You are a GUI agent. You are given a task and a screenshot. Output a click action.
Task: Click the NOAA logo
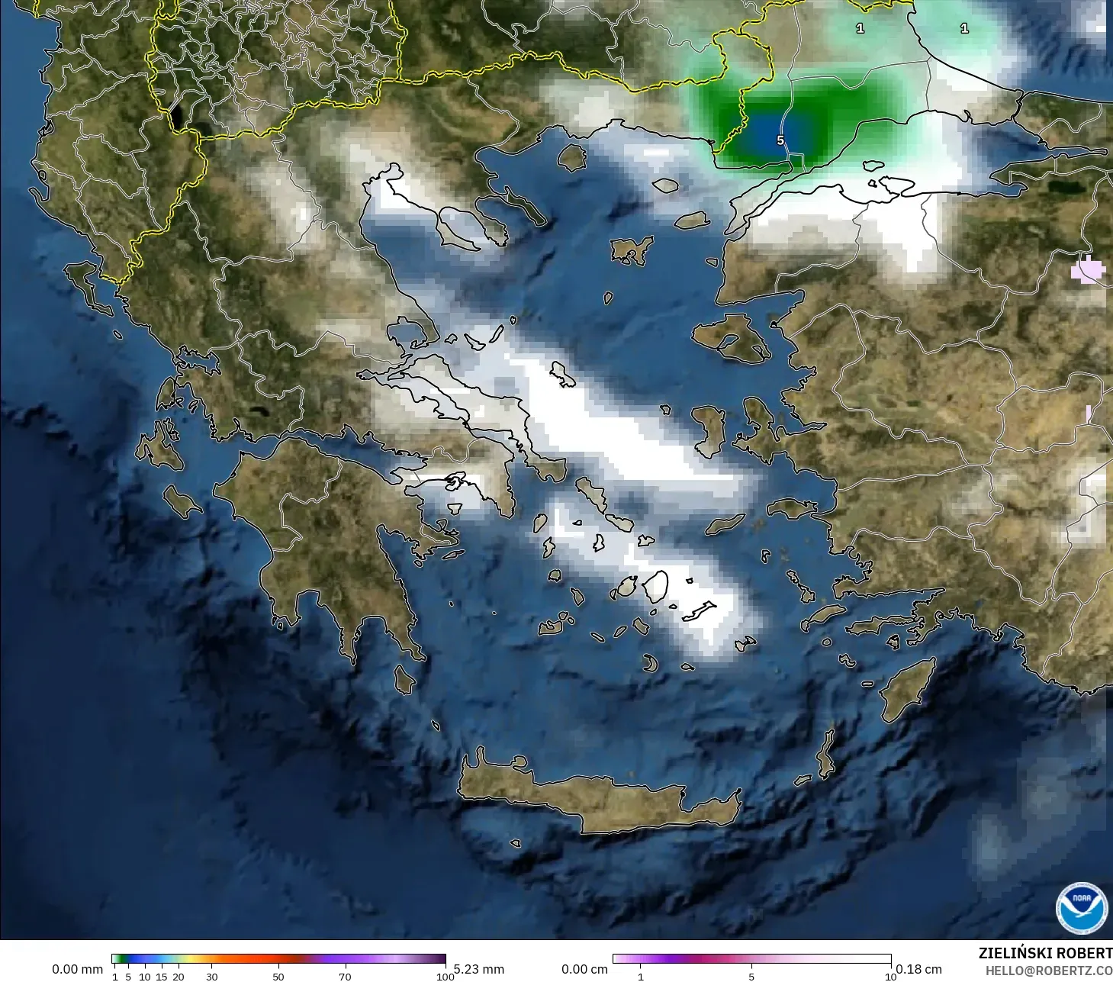click(x=1081, y=908)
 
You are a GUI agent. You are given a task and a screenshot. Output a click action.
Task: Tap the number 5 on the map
click(x=780, y=140)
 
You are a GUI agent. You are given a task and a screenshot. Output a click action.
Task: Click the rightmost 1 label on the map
click(x=964, y=28)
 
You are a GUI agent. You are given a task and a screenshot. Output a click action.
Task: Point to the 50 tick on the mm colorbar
click(x=278, y=976)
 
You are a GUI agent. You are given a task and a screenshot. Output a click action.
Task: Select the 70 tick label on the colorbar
click(x=345, y=976)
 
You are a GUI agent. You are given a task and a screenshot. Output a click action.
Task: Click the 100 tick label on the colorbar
click(x=445, y=976)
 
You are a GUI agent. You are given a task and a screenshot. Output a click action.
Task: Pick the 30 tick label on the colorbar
click(x=212, y=976)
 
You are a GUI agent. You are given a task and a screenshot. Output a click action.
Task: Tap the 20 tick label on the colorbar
click(x=179, y=976)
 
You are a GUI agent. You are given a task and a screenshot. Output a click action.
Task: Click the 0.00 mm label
click(x=77, y=969)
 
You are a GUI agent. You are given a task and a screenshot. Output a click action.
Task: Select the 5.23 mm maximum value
click(x=479, y=969)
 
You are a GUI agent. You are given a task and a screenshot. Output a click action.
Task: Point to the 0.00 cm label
click(x=584, y=969)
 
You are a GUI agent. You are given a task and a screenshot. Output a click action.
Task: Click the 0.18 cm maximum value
click(x=918, y=969)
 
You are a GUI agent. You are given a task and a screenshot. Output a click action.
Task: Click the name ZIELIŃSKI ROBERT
click(x=1045, y=953)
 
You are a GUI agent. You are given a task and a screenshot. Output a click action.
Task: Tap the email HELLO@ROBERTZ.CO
click(x=1048, y=971)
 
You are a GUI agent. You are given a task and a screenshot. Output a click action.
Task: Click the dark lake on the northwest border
click(x=178, y=117)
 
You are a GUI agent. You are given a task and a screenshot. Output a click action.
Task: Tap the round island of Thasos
click(x=571, y=157)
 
